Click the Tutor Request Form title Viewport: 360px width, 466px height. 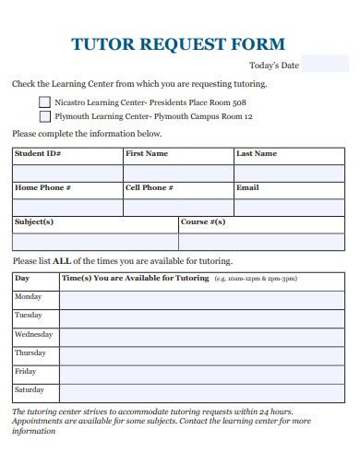178,43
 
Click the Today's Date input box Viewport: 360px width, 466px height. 326,65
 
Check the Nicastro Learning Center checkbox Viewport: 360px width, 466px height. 45,102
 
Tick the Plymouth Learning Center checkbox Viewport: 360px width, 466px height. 45,117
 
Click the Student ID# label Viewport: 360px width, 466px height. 38,153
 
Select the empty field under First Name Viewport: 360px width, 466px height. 177,173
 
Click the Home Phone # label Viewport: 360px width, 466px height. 42,188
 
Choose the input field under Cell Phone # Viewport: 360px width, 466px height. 177,208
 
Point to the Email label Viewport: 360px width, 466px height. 247,188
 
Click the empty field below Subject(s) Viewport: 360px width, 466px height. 94,242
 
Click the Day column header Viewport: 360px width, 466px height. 23,278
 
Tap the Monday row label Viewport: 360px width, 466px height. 29,297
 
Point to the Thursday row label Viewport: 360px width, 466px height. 30,353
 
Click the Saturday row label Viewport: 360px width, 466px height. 30,390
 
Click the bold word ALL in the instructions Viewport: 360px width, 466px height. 63,261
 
